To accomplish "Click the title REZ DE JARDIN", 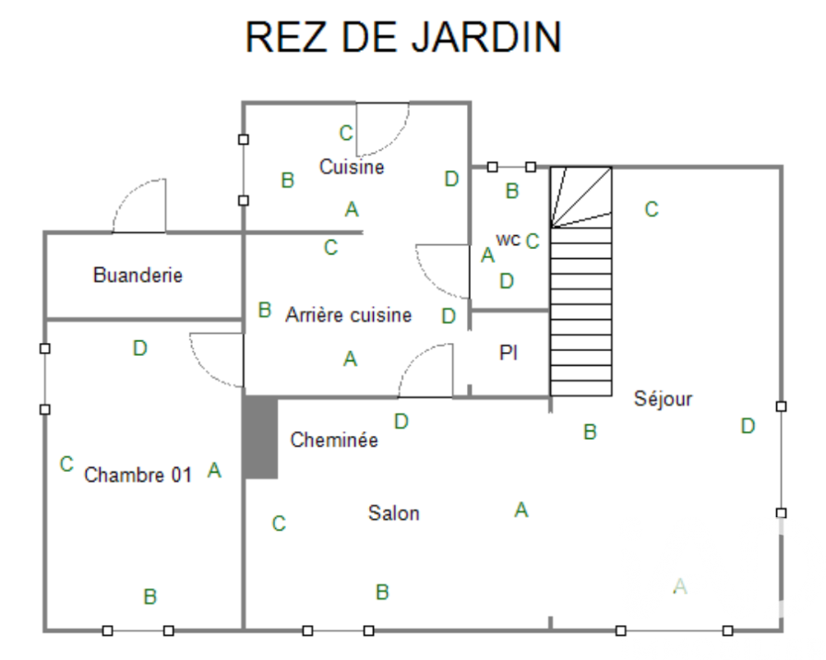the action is point(403,37).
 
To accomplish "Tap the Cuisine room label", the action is point(352,167).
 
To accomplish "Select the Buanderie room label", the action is point(138,275).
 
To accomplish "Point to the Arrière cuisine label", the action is point(349,314).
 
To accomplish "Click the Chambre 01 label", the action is point(138,475).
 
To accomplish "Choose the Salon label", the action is point(394,513).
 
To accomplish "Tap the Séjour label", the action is point(664,399).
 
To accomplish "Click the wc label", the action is point(509,240).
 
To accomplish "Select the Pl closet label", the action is point(509,353).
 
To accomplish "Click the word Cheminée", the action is point(334,440).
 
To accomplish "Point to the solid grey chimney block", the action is point(261,438).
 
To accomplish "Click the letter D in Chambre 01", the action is point(139,348).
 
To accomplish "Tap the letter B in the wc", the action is point(512,191).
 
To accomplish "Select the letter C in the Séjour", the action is point(652,209).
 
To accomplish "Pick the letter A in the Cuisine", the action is point(352,209).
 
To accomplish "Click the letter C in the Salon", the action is point(279,524).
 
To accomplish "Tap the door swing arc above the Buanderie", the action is point(139,206).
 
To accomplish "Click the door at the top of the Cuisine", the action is point(383,129).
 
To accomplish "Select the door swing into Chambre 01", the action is point(217,360).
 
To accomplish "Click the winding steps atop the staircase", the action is point(581,197).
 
